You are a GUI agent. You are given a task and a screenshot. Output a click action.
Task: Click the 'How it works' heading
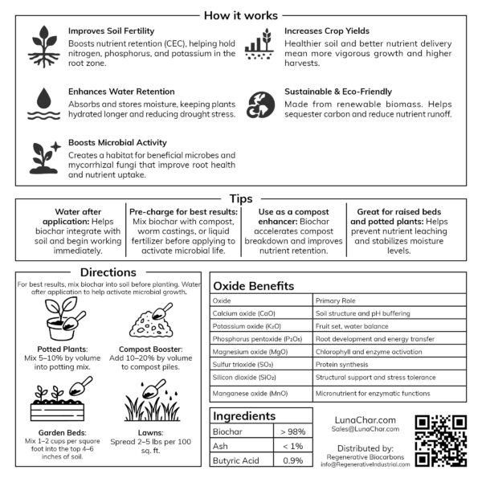[x=241, y=15]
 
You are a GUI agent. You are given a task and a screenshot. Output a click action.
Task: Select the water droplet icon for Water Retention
[x=43, y=103]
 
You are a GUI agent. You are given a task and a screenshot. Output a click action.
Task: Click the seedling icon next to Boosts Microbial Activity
[x=44, y=157]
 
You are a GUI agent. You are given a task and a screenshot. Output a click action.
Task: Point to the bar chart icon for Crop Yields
[x=259, y=43]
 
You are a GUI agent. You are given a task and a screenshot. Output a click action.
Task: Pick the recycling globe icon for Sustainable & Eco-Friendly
[x=259, y=103]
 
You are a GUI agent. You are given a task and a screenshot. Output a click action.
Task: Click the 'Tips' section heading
[x=241, y=198]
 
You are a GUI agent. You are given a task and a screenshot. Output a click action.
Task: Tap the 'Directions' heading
[x=108, y=272]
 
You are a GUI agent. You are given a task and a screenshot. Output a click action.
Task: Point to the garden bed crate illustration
[x=58, y=399]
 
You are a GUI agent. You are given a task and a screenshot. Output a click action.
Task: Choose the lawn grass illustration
[x=153, y=396]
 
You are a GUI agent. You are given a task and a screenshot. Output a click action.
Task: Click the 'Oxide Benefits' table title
[x=253, y=286]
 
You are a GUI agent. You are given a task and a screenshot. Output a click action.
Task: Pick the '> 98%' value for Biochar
[x=292, y=432]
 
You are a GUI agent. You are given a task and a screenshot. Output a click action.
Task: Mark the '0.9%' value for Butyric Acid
[x=292, y=460]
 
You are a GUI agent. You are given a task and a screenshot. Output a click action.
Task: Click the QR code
[x=440, y=441]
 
